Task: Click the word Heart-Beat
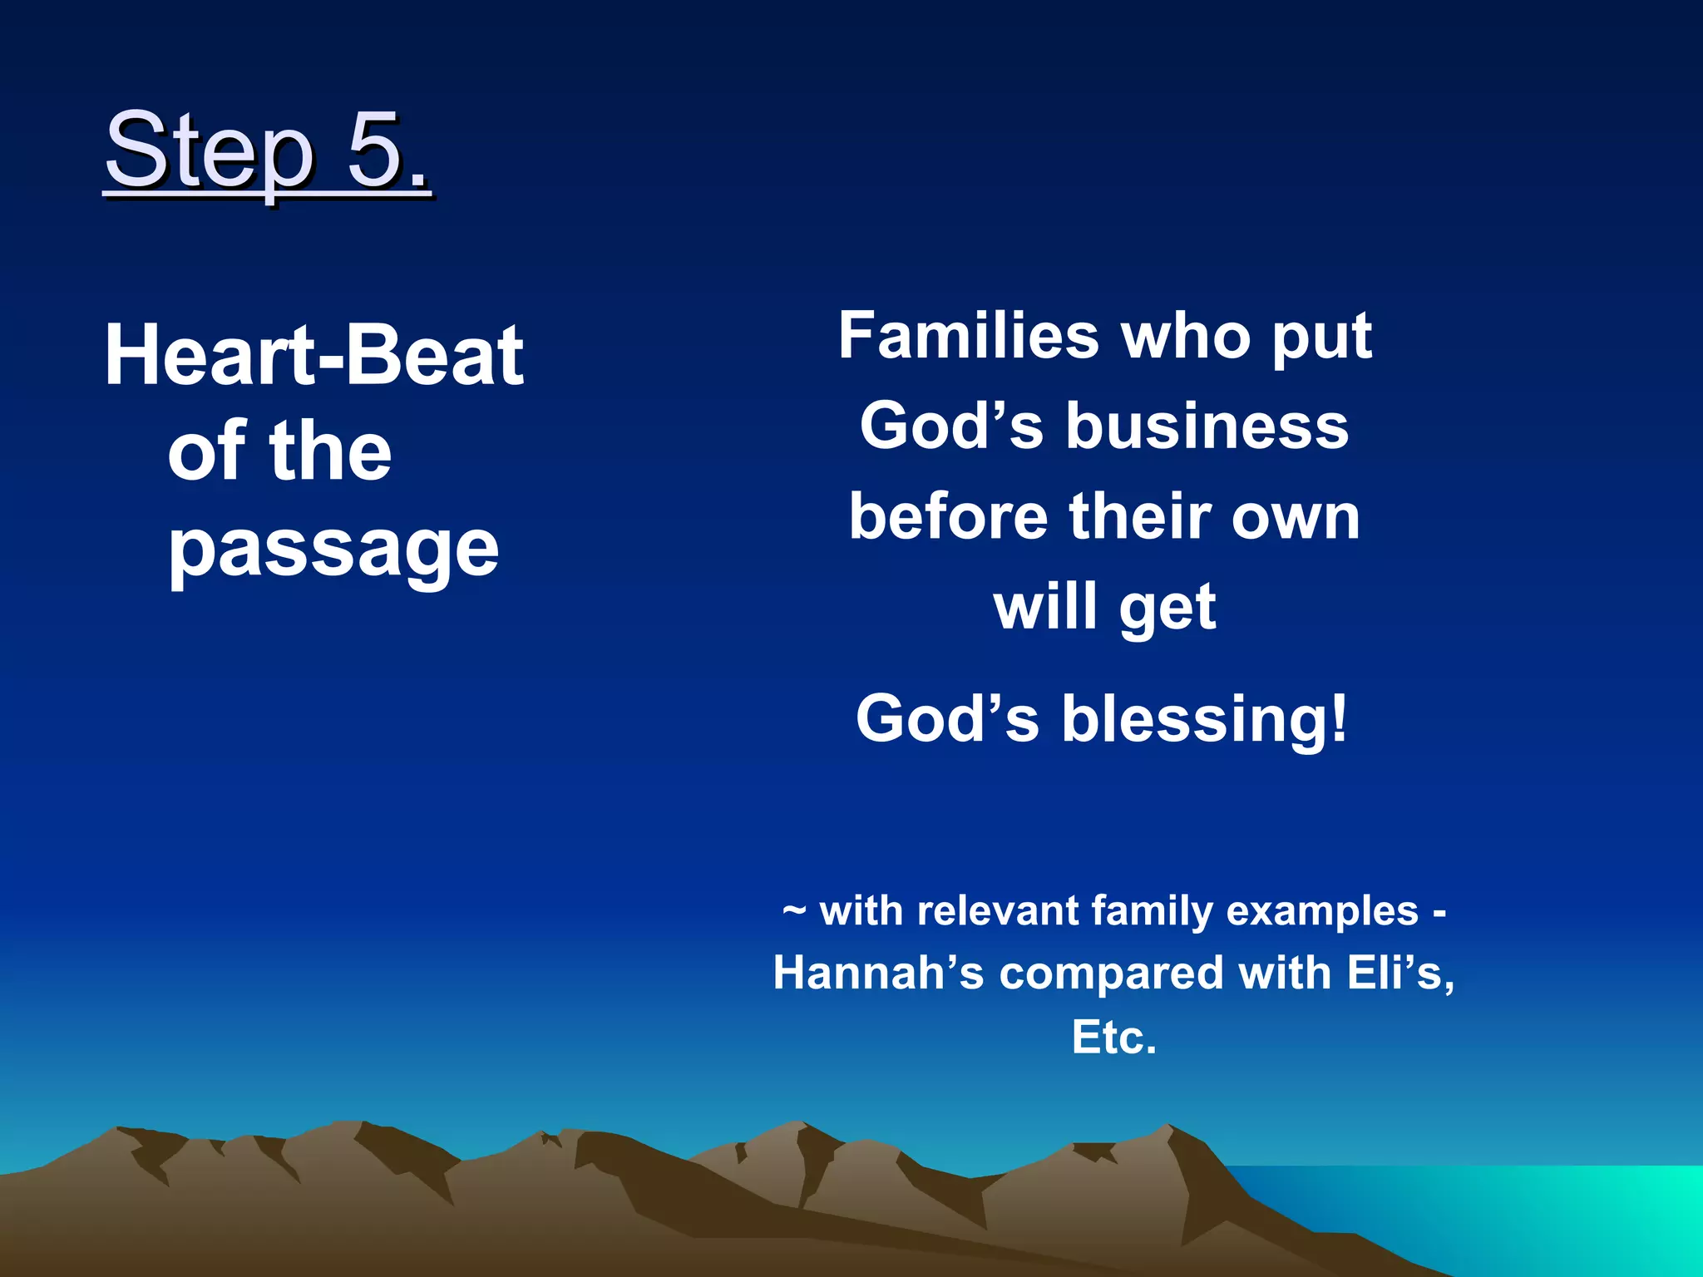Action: (x=314, y=356)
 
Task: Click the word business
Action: (x=1207, y=426)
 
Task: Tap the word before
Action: (x=948, y=516)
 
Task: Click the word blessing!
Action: (x=1204, y=719)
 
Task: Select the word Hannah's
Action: (x=878, y=973)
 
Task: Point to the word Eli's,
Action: (x=1400, y=973)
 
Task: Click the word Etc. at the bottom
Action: (x=1114, y=1037)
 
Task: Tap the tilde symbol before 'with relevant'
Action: (x=794, y=910)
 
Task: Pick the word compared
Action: (x=1111, y=974)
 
